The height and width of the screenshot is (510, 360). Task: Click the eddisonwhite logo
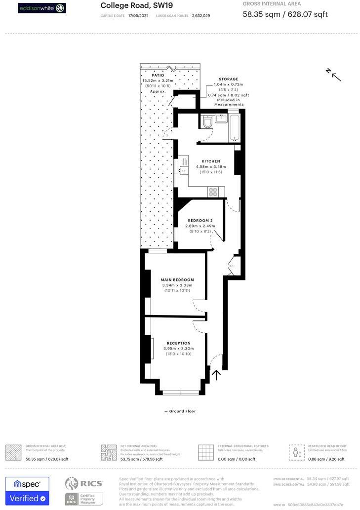pyautogui.click(x=42, y=8)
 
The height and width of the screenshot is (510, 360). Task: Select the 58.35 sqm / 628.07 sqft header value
pyautogui.click(x=285, y=14)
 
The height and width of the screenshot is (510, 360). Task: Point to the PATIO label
pyautogui.click(x=158, y=76)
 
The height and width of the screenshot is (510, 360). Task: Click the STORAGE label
pyautogui.click(x=228, y=79)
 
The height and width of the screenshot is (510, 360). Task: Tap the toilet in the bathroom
pyautogui.click(x=207, y=121)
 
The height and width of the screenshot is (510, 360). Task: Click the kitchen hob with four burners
pyautogui.click(x=213, y=192)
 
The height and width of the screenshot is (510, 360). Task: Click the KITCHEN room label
pyautogui.click(x=210, y=161)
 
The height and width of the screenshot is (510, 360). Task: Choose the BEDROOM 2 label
pyautogui.click(x=200, y=220)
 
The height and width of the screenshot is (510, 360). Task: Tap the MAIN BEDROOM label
pyautogui.click(x=177, y=280)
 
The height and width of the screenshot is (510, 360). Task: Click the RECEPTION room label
pyautogui.click(x=178, y=343)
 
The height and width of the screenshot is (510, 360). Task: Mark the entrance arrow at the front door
pyautogui.click(x=216, y=375)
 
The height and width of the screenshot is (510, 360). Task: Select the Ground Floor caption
pyautogui.click(x=181, y=411)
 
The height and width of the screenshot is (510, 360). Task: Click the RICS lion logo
pyautogui.click(x=72, y=483)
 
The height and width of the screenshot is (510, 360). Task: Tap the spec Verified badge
pyautogui.click(x=27, y=490)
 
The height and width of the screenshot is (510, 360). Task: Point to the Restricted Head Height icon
pyautogui.click(x=296, y=452)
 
